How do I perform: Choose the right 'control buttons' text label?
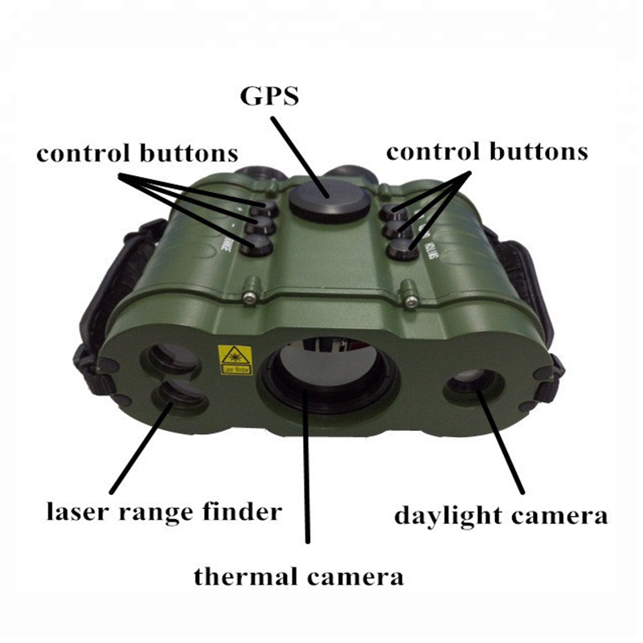(x=487, y=151)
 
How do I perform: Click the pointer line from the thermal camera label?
(x=307, y=482)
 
